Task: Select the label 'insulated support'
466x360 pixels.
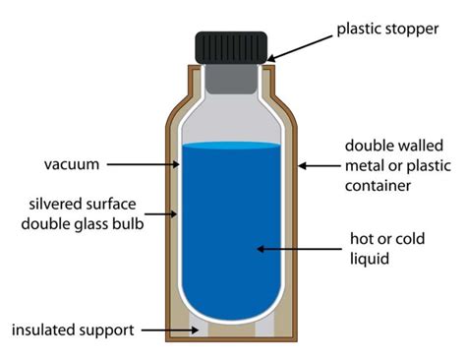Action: [73, 329]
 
